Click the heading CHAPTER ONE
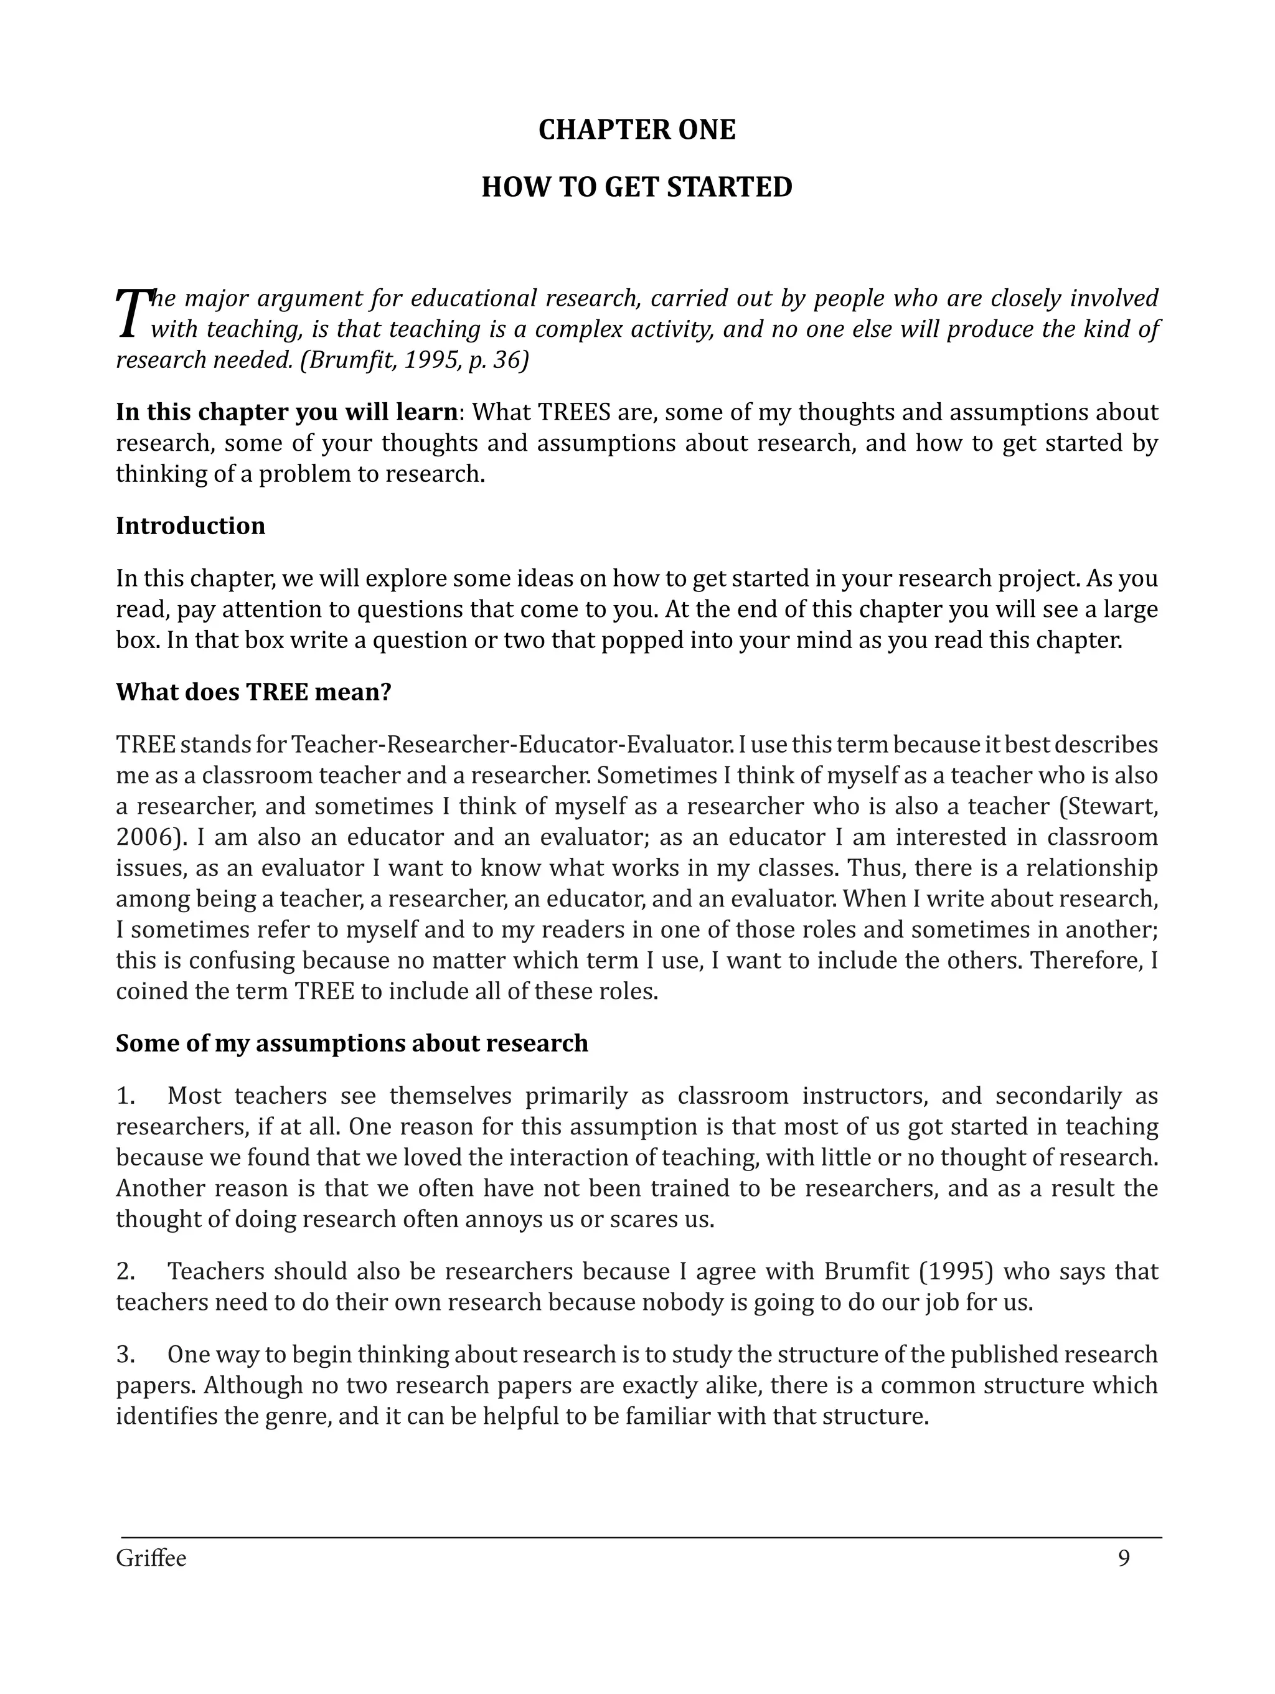[x=636, y=129]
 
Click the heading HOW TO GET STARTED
[x=636, y=187]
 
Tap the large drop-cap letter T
[x=133, y=313]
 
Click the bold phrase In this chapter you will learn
[x=286, y=412]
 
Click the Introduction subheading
[x=190, y=526]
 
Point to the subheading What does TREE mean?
[x=253, y=692]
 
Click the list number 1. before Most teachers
[x=126, y=1096]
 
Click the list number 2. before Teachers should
[x=126, y=1271]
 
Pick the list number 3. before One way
[x=126, y=1355]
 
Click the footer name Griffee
[x=151, y=1558]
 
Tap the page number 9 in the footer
[x=1123, y=1558]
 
